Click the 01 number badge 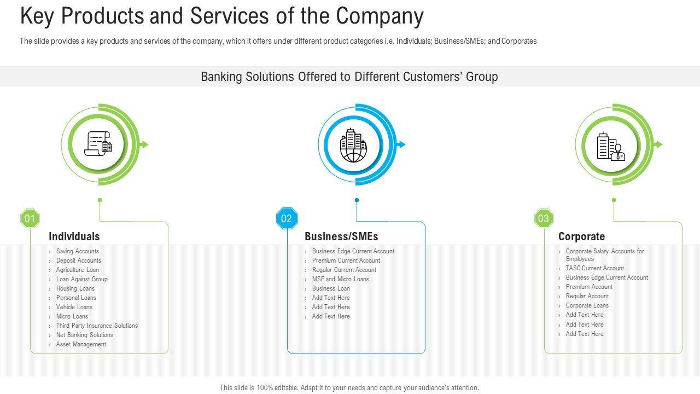click(x=30, y=219)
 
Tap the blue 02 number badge click(x=287, y=219)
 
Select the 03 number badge click(x=544, y=219)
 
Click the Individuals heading click(x=74, y=236)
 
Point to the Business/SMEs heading click(x=341, y=236)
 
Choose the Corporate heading click(x=581, y=236)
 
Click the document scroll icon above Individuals click(x=98, y=144)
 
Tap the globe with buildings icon click(x=353, y=145)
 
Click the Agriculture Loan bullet click(x=77, y=270)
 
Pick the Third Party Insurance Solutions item click(x=97, y=326)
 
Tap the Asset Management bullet click(x=81, y=344)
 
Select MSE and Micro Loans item click(x=340, y=279)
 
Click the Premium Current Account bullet click(x=346, y=260)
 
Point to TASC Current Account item click(x=594, y=268)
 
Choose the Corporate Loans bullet click(x=587, y=305)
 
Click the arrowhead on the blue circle click(x=401, y=144)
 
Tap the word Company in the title click(x=380, y=16)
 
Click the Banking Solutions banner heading click(x=349, y=77)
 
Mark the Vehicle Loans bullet click(x=74, y=307)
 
